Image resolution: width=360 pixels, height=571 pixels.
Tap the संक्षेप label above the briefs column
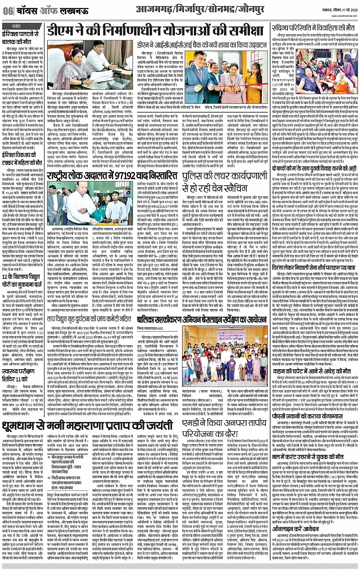(16, 26)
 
